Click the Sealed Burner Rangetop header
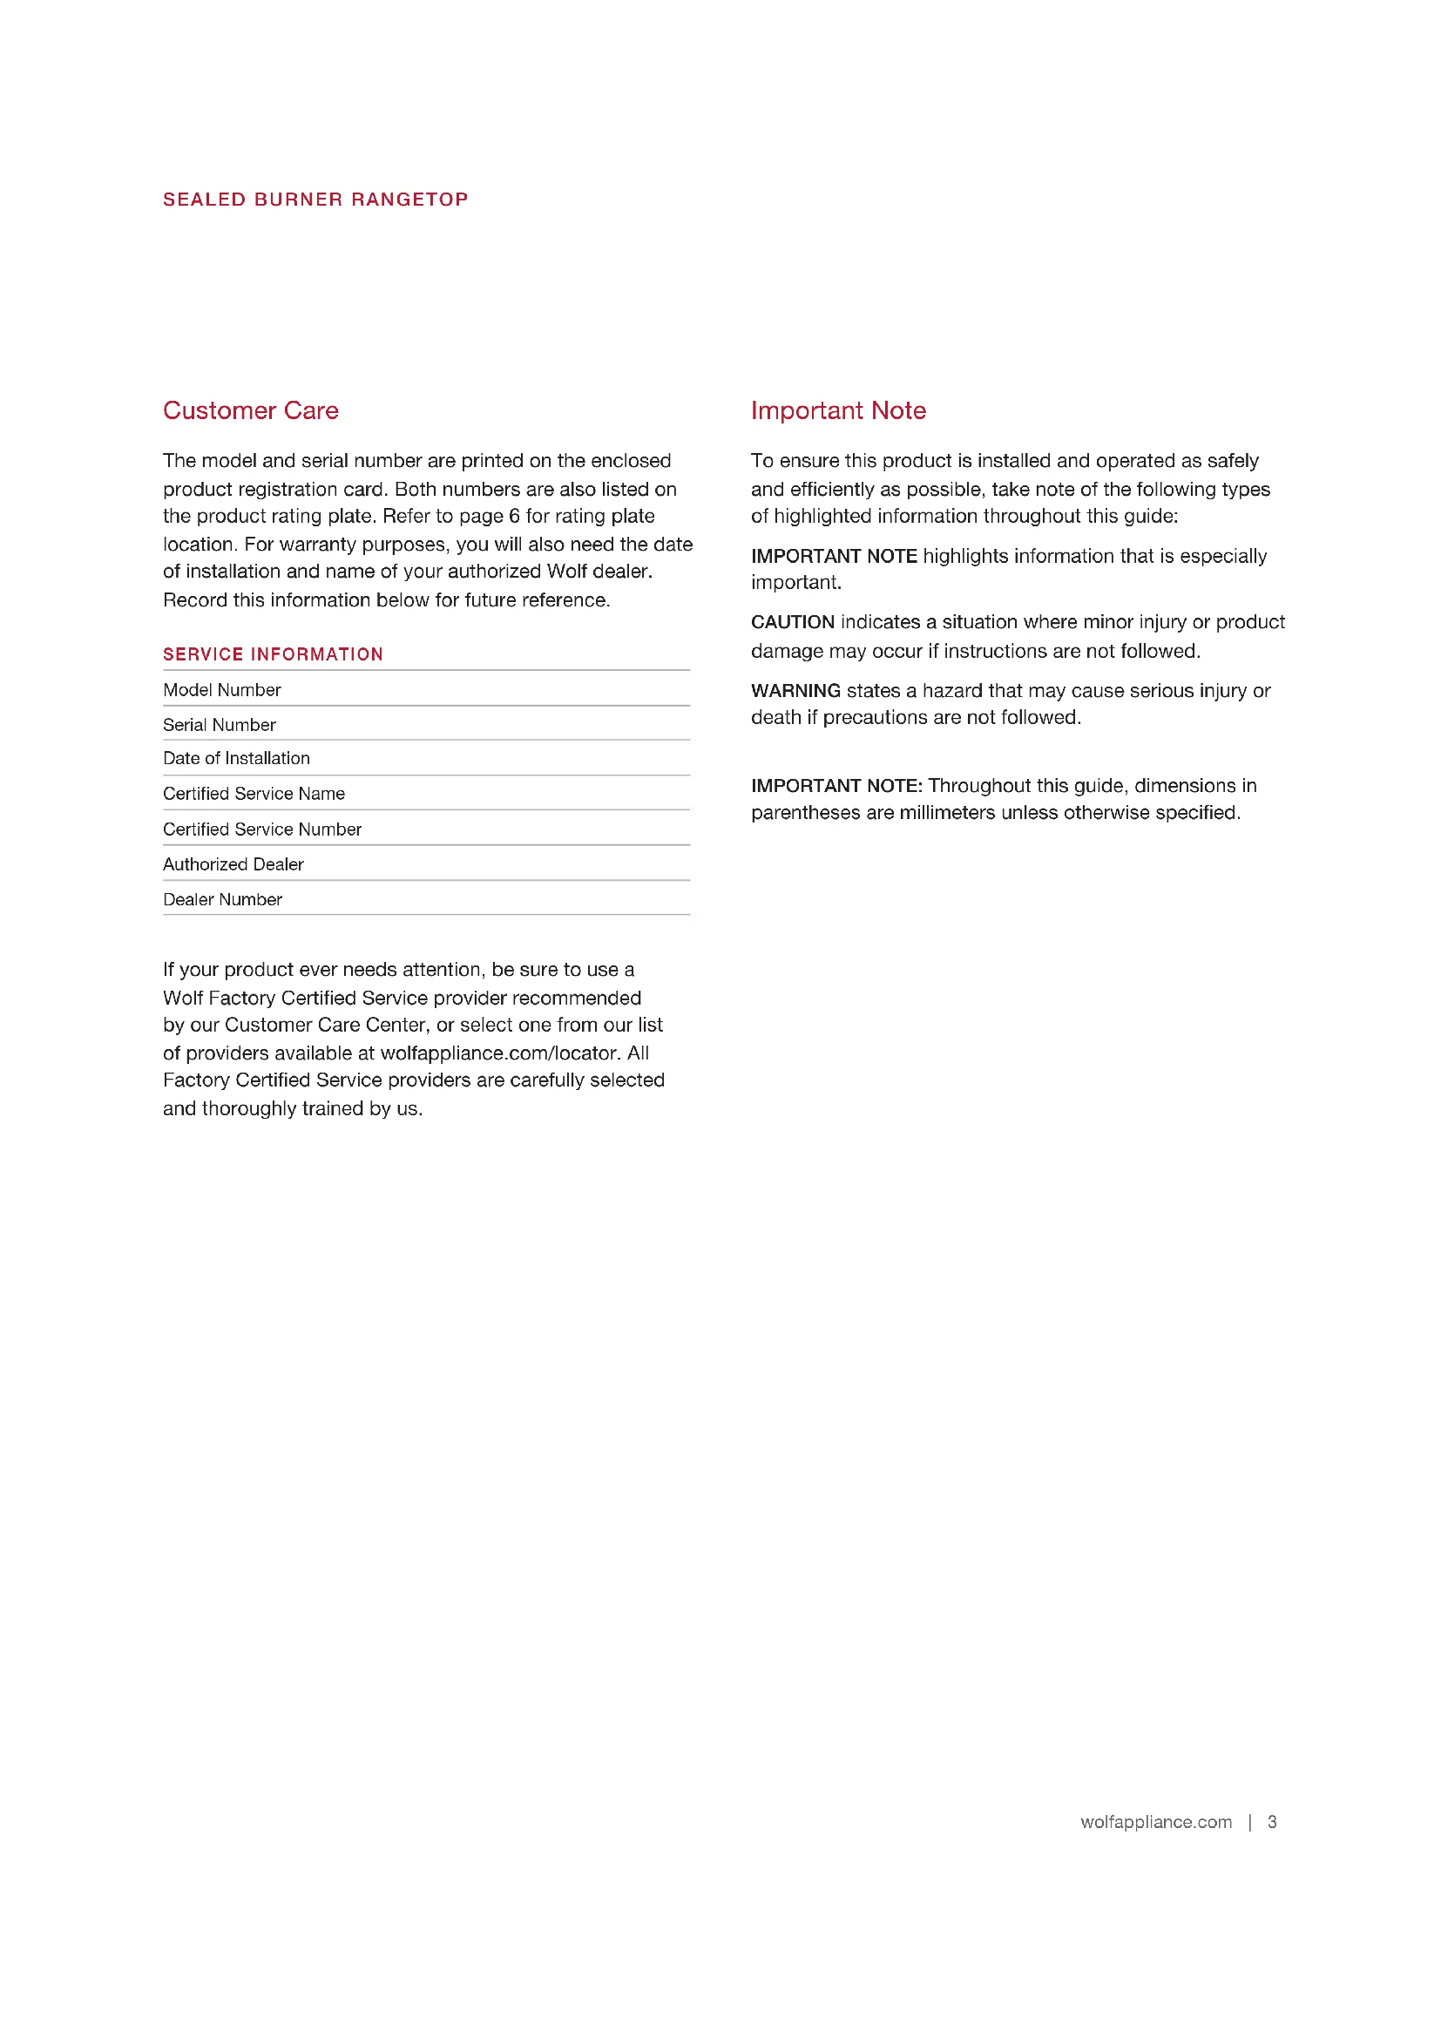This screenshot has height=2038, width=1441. point(315,200)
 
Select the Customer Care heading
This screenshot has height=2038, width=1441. point(250,410)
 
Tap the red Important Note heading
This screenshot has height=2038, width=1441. point(837,410)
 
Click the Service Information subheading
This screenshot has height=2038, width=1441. point(273,654)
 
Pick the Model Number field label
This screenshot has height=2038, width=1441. point(222,690)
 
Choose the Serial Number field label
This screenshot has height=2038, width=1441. point(220,725)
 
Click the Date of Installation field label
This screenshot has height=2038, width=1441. point(236,758)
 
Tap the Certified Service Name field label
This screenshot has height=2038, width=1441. point(254,794)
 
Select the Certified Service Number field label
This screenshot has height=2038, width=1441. point(261,829)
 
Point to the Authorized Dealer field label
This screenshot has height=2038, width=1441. point(233,864)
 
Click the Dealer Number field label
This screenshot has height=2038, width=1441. point(223,899)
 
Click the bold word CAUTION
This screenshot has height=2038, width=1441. point(792,622)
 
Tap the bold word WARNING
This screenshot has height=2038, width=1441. point(795,691)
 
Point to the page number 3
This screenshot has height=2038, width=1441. point(1271,1822)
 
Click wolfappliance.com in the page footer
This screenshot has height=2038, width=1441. point(1155,1822)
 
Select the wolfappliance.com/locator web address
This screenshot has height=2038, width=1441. point(498,1053)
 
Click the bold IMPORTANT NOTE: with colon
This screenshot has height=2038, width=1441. point(836,786)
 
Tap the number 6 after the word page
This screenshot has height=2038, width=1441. point(514,516)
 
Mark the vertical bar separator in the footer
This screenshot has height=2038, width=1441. point(1249,1822)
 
